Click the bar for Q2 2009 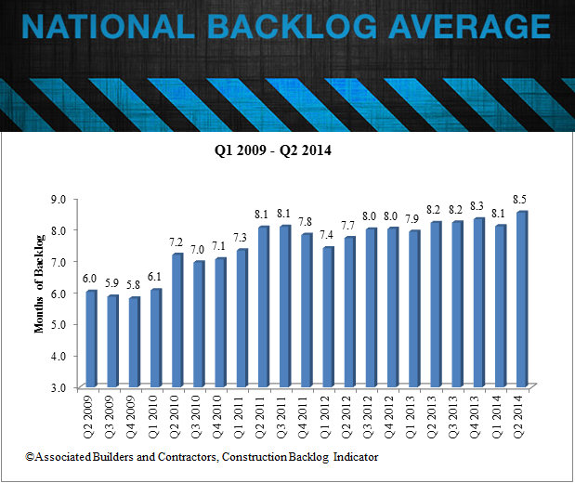[91, 339]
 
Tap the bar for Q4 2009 [135, 342]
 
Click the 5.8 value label [135, 284]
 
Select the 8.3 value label [479, 205]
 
